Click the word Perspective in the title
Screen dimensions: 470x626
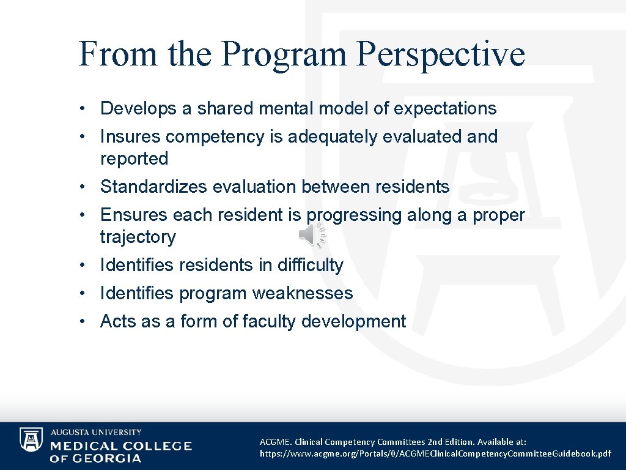point(440,54)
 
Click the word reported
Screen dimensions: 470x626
point(134,159)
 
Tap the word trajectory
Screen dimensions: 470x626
point(138,237)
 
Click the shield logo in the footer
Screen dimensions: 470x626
point(31,439)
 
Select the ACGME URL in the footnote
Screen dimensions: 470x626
point(435,453)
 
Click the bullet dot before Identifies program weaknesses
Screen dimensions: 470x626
point(82,294)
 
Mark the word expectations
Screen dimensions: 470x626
point(445,108)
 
